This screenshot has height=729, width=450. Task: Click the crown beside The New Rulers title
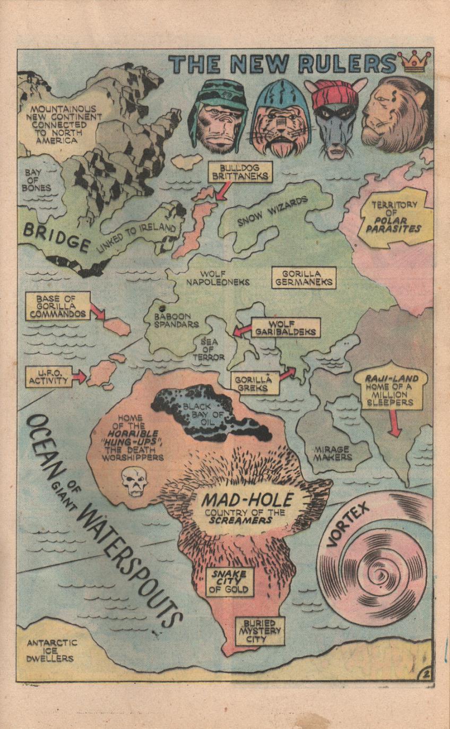[x=415, y=62]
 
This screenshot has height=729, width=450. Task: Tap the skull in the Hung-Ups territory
[x=134, y=481]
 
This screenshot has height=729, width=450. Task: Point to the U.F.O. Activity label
[x=48, y=377]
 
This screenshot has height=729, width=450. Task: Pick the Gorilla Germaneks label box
[x=304, y=277]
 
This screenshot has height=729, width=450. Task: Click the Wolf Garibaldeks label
[x=285, y=328]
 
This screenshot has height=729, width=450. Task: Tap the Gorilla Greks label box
[x=255, y=383]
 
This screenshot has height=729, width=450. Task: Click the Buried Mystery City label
[x=260, y=631]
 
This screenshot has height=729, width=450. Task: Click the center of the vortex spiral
[x=381, y=576]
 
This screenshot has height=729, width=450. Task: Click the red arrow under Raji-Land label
[x=393, y=425]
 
